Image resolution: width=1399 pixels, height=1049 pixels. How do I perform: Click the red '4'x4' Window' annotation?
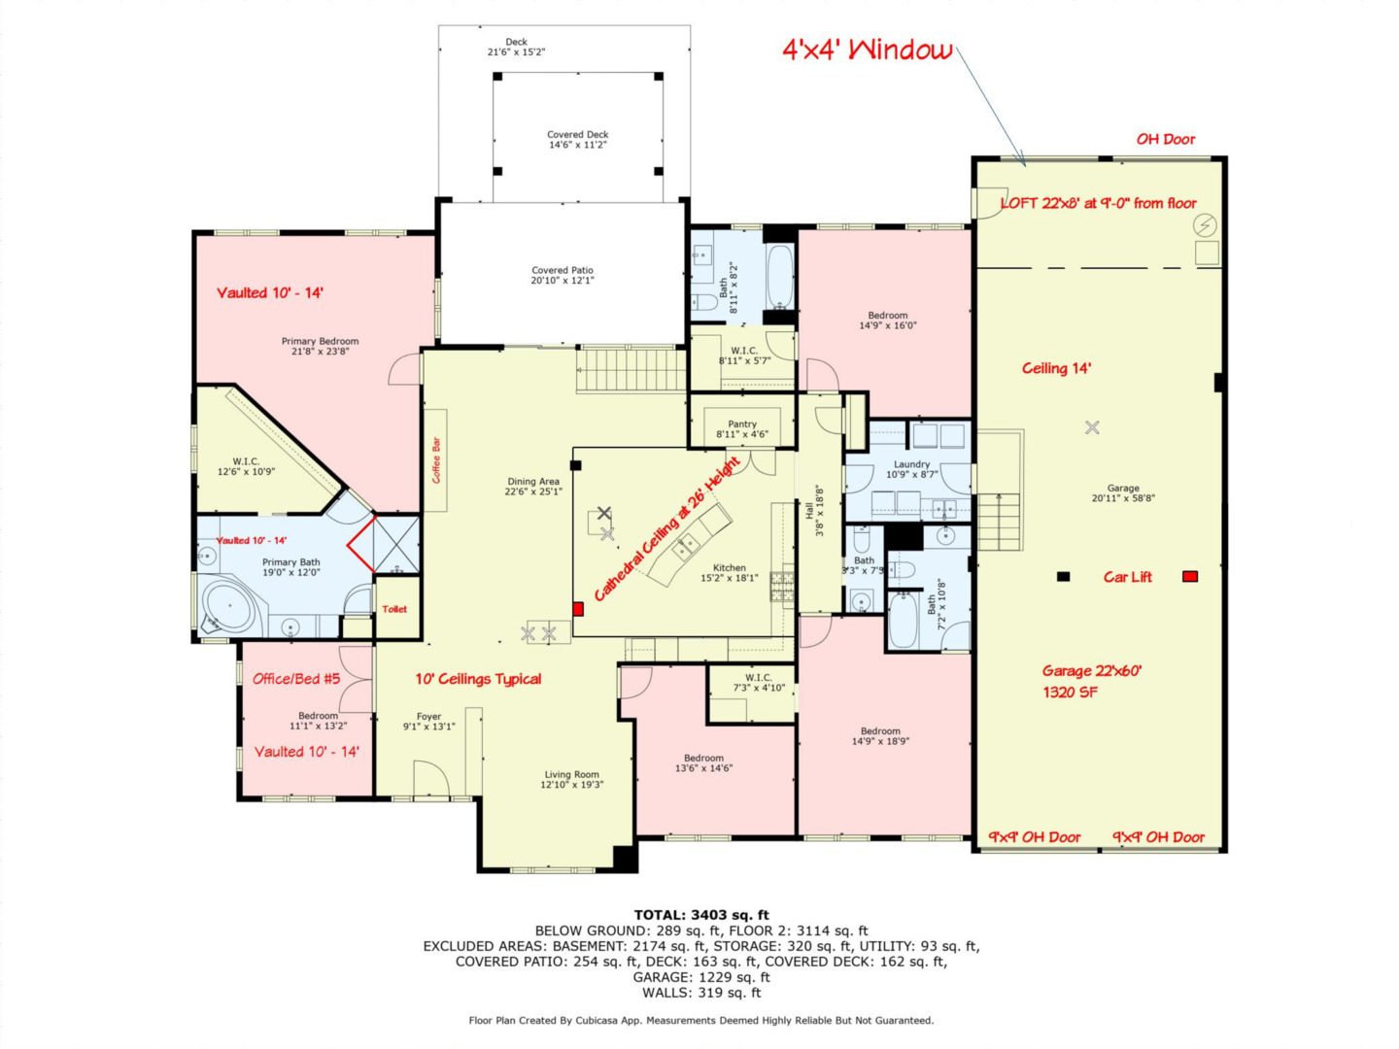[867, 51]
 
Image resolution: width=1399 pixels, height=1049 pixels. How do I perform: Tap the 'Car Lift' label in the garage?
[1127, 577]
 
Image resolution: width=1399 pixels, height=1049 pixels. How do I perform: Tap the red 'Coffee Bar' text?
[436, 460]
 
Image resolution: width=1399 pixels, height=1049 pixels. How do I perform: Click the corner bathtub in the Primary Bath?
[229, 607]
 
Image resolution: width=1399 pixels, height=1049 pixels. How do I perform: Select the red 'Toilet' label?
[394, 609]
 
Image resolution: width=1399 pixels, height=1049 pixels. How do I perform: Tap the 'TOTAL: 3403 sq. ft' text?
[700, 915]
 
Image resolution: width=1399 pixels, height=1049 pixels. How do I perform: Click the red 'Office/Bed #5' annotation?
[296, 679]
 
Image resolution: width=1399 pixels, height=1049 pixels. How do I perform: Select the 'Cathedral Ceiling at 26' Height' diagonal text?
[666, 529]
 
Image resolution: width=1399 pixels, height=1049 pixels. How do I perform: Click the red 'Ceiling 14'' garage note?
[1056, 368]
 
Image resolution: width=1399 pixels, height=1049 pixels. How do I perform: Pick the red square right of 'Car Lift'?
[1189, 577]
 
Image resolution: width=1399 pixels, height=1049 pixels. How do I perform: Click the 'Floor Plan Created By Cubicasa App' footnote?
[700, 1020]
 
